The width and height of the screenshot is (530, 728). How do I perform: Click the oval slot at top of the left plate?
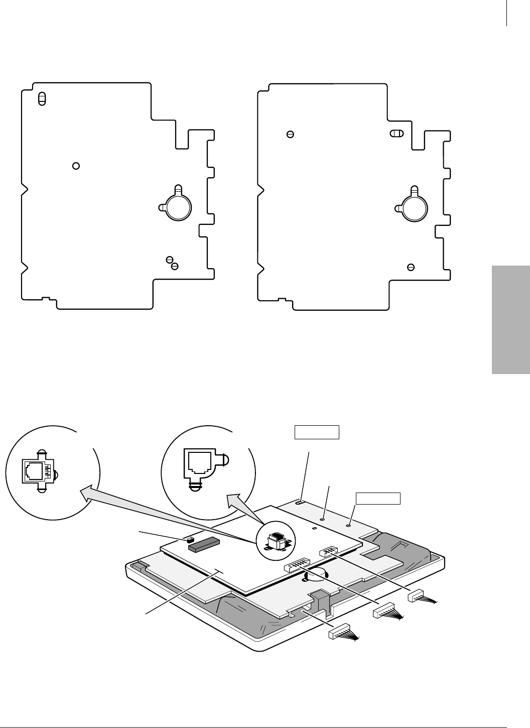click(x=42, y=98)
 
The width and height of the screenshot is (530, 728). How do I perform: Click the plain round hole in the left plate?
click(x=76, y=165)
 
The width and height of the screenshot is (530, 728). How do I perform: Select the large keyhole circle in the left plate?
click(x=178, y=207)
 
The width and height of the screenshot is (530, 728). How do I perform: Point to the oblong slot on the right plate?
click(x=396, y=134)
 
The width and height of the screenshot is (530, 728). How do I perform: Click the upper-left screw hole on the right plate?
click(x=290, y=134)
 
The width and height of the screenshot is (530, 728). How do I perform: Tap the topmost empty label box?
click(x=316, y=432)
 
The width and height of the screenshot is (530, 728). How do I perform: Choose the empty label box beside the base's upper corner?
click(x=378, y=498)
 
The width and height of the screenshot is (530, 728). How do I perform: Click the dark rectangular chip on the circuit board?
click(x=204, y=544)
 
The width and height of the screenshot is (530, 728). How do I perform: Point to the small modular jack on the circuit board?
click(x=276, y=541)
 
